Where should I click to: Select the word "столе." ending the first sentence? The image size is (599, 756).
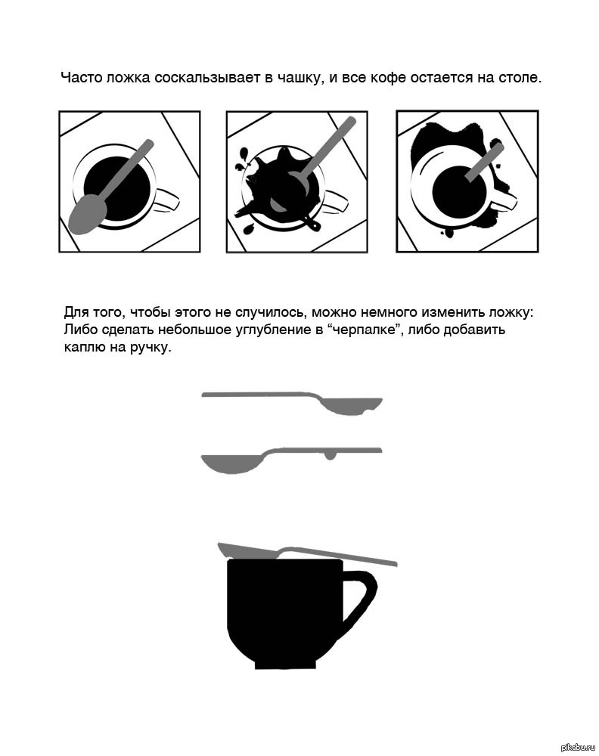519,78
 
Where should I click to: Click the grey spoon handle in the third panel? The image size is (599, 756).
485,162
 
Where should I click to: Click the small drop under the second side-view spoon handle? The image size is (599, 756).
330,456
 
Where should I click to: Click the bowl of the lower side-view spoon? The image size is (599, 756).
231,464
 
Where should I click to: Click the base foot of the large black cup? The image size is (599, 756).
286,665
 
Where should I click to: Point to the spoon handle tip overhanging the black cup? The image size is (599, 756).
395,563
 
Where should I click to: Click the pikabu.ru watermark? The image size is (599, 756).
578,748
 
